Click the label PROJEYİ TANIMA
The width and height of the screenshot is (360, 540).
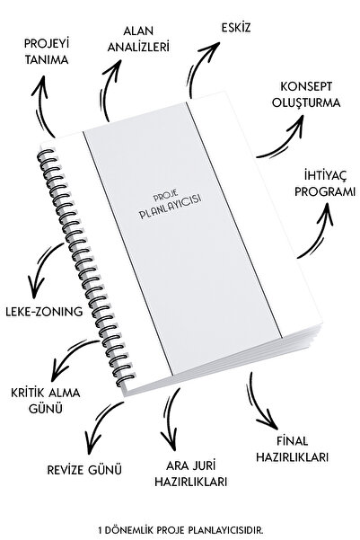(x=47, y=51)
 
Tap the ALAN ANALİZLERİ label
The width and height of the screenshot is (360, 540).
(x=138, y=39)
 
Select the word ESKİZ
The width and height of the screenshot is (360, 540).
(x=236, y=28)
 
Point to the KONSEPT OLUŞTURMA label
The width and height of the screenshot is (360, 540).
(x=306, y=94)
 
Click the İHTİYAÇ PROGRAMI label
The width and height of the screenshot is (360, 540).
(x=325, y=183)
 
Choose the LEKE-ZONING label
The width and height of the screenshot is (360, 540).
(x=44, y=312)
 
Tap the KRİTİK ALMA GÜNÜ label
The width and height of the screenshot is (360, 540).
(x=46, y=401)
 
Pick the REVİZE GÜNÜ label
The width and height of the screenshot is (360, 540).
(x=84, y=470)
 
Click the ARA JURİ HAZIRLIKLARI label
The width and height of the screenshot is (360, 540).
(x=190, y=474)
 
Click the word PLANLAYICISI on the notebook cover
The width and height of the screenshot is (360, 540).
(x=171, y=208)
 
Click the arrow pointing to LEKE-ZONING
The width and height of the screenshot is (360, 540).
(x=40, y=267)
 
